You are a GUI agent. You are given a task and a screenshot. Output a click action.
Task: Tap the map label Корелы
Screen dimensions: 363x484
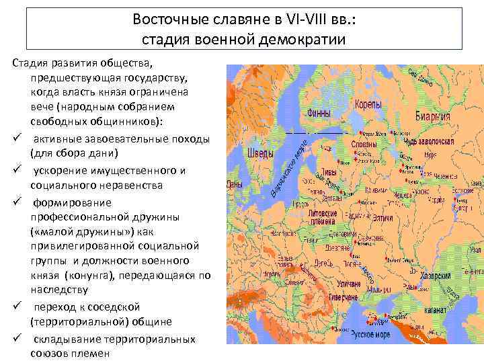pos(368,106)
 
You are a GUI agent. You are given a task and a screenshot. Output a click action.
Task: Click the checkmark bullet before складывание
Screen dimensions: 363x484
pos(15,339)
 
